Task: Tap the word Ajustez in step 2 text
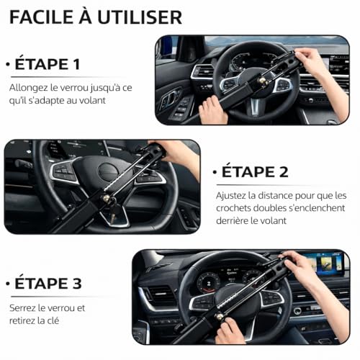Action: (x=232, y=196)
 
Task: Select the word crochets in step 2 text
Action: (x=236, y=209)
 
